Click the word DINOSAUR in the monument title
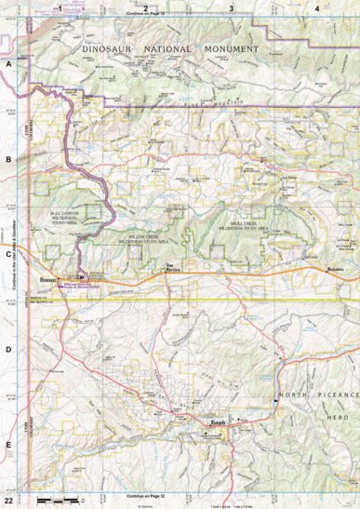(116, 47)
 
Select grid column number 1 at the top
(60, 7)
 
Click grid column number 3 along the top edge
(231, 7)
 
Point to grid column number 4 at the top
(317, 7)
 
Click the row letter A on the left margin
(8, 64)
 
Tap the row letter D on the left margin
(8, 349)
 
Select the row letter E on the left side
(8, 445)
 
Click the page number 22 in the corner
(9, 500)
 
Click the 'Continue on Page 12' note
(144, 16)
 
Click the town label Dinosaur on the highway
(48, 278)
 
